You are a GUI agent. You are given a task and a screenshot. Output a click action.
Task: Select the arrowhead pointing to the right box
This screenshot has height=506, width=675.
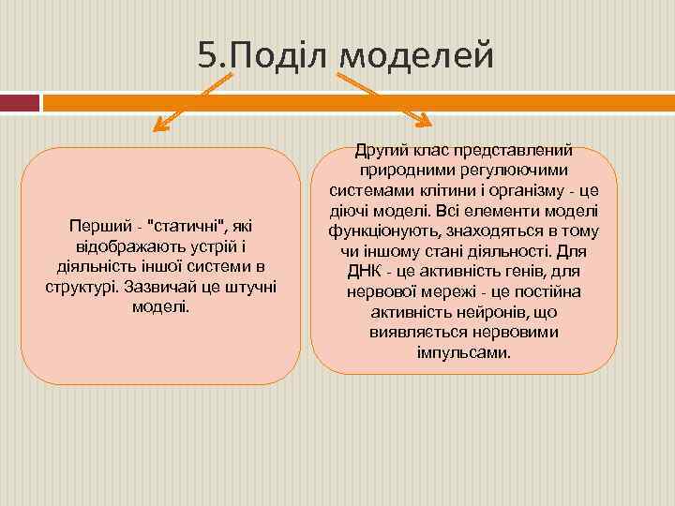pyautogui.click(x=423, y=122)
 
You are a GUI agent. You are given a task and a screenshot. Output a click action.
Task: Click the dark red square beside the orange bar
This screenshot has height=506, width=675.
pyautogui.click(x=20, y=102)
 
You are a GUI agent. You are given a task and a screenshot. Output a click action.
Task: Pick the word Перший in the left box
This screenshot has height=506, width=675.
pyautogui.click(x=97, y=227)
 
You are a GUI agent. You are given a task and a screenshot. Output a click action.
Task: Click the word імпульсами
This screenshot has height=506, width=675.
pyautogui.click(x=464, y=353)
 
